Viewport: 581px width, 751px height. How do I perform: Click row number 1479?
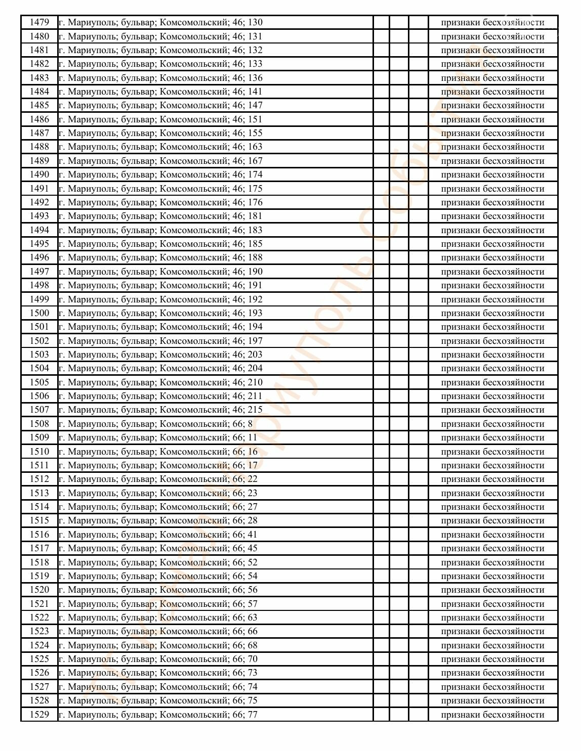39,22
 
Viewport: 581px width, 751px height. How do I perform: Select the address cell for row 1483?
160,78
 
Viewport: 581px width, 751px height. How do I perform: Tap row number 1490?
39,174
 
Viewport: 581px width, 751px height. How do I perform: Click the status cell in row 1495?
492,244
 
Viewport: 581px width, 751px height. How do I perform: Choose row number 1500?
39,313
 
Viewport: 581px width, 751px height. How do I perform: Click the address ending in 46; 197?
160,341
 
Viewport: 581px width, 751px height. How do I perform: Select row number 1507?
39,410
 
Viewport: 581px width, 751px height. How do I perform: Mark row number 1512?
39,479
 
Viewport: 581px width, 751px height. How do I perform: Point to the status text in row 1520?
492,590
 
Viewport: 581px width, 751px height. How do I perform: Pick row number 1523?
39,631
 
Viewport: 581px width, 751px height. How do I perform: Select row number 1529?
39,715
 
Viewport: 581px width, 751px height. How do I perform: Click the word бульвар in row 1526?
138,673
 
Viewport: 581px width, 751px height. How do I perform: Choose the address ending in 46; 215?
160,410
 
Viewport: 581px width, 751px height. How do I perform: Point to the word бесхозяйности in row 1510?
513,452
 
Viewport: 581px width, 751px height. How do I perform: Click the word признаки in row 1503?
460,355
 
